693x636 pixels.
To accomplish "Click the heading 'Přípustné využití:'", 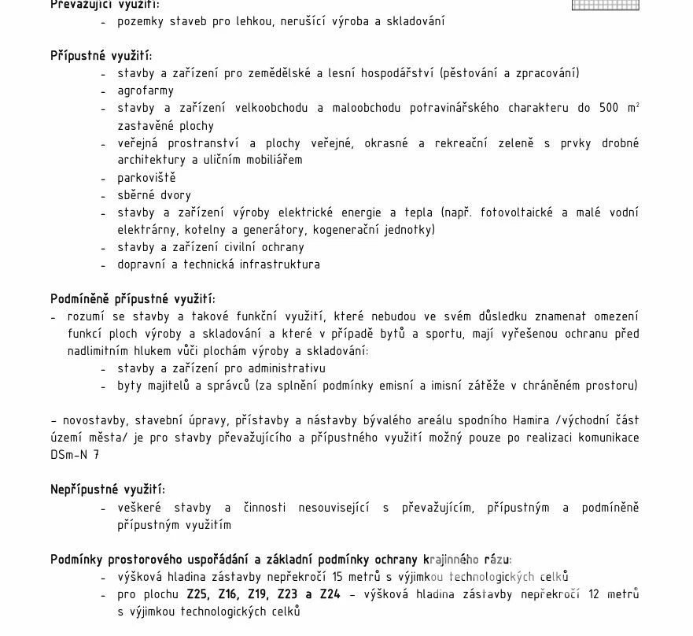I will [x=101, y=56].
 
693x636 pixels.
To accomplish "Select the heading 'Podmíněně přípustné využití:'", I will [x=133, y=299].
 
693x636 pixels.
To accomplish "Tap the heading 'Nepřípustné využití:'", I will [x=108, y=490].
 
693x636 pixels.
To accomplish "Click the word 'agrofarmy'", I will [x=146, y=91].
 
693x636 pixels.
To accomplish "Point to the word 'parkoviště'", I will [x=146, y=178].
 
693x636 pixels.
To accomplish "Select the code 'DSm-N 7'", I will [x=76, y=455].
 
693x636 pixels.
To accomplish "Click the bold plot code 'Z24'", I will [x=330, y=594].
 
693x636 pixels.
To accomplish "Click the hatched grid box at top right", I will [x=605, y=5].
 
